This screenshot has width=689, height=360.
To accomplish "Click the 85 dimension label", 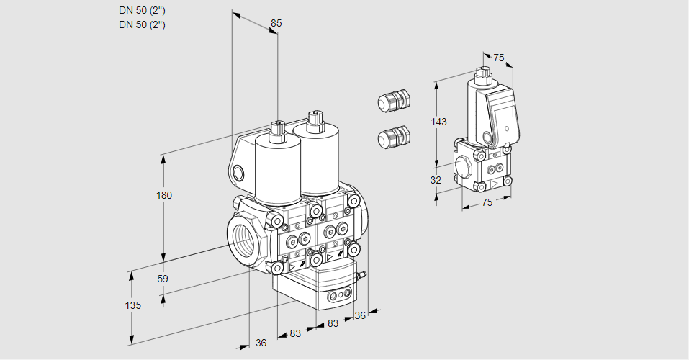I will point(276,23).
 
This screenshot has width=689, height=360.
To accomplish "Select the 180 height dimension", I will point(164,195).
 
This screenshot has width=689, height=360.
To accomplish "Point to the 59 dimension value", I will point(163,279).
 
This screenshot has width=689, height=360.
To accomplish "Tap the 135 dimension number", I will point(132,305).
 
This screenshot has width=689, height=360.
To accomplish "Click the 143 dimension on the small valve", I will point(438,122).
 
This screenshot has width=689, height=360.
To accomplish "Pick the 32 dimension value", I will point(436,180).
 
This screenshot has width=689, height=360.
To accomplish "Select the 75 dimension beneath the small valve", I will point(487,203).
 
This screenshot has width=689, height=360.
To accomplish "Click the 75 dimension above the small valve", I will point(499,58).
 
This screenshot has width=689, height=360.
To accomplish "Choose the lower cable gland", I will point(393,136).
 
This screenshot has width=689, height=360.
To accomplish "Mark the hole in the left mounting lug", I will point(238,172).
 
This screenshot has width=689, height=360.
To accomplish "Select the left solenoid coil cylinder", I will point(277,169).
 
